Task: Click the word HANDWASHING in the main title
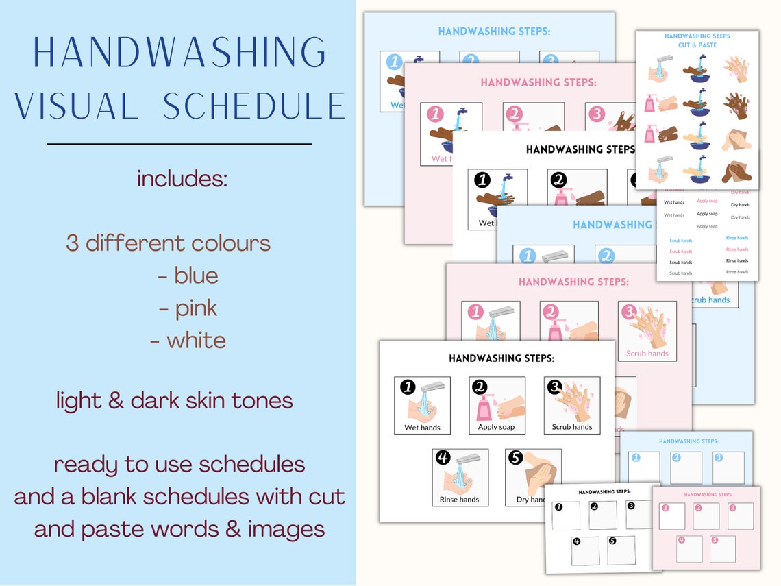[x=179, y=52]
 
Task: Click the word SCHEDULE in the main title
[x=253, y=106]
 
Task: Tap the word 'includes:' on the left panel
[x=182, y=179]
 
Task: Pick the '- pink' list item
[x=188, y=308]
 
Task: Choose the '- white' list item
[x=188, y=341]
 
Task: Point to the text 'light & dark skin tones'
[x=175, y=400]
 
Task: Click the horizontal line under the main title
[x=179, y=144]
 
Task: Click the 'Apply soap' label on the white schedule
[x=496, y=427]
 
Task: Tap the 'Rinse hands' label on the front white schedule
[x=459, y=500]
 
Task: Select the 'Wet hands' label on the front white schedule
[x=422, y=428]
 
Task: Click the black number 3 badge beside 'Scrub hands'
[x=555, y=387]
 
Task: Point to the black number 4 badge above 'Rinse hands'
[x=443, y=458]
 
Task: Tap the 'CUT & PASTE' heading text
[x=697, y=45]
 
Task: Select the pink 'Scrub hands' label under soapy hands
[x=647, y=354]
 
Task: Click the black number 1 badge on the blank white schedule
[x=558, y=507]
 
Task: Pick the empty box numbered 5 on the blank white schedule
[x=621, y=550]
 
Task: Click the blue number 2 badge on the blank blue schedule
[x=675, y=457]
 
